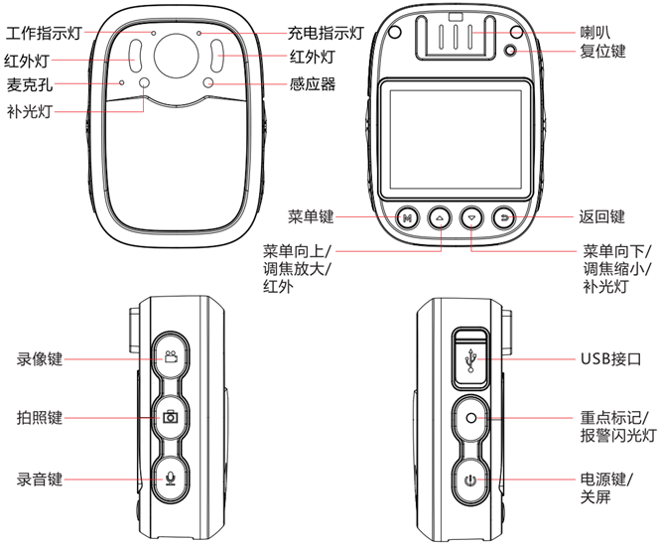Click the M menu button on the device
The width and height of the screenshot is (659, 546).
click(407, 216)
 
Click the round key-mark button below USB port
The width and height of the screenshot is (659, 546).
click(470, 418)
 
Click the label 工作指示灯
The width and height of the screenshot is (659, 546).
click(45, 33)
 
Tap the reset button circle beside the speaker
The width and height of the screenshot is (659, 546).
click(512, 52)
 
